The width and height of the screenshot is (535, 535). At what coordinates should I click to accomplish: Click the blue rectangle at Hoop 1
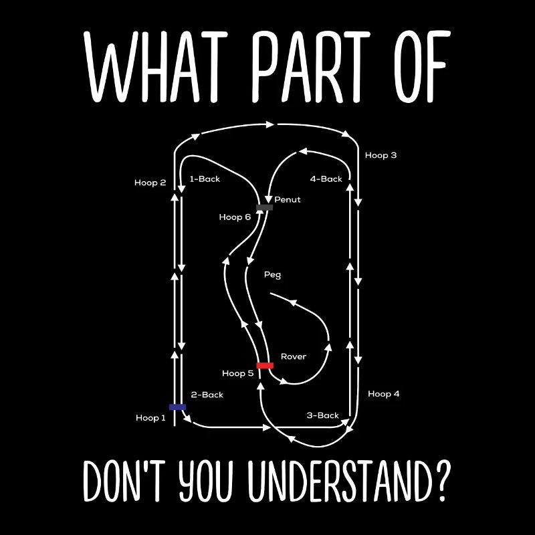click(x=177, y=407)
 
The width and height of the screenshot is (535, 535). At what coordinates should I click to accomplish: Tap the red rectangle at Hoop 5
click(x=265, y=365)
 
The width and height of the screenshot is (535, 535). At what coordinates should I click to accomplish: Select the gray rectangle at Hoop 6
click(x=264, y=207)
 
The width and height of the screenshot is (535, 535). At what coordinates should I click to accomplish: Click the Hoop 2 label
click(x=150, y=183)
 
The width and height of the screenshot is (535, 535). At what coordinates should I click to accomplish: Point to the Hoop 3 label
click(x=381, y=155)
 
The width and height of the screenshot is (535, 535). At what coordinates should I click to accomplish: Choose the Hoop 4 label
click(x=383, y=394)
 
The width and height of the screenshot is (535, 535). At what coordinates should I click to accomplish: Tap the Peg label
click(x=273, y=275)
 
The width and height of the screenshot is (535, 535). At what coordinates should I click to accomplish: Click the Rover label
click(x=294, y=356)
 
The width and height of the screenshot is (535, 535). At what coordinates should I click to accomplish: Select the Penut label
click(x=288, y=199)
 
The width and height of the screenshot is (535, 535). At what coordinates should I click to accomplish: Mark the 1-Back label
click(x=205, y=179)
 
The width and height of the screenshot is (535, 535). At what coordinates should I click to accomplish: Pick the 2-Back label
click(x=207, y=395)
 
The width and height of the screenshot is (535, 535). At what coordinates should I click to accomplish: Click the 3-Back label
click(x=323, y=415)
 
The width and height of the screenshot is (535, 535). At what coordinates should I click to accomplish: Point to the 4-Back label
click(x=326, y=179)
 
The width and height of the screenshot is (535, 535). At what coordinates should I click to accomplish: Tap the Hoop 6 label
click(x=235, y=217)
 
